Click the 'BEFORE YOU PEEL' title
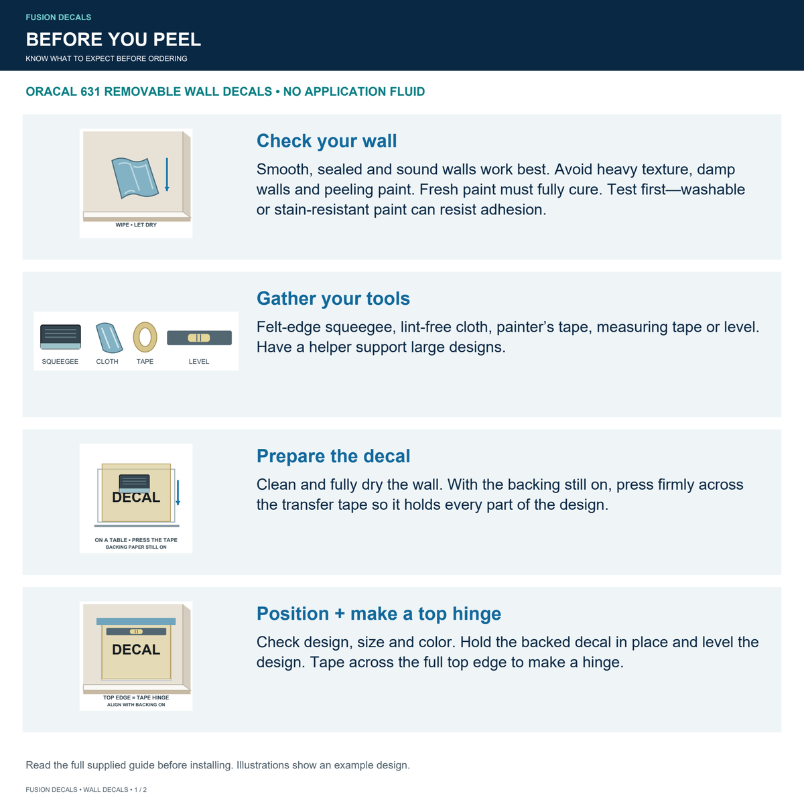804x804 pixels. tap(113, 40)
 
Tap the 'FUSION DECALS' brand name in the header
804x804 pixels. tap(58, 17)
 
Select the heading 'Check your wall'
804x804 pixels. tap(326, 141)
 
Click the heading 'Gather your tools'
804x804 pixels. tap(333, 299)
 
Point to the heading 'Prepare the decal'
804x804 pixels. tap(333, 456)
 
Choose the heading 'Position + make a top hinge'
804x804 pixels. tap(379, 614)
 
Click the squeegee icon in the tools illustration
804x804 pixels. tap(60, 337)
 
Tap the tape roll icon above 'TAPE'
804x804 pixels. tap(145, 337)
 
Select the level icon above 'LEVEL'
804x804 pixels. tap(199, 338)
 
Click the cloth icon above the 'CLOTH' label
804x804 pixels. tap(109, 338)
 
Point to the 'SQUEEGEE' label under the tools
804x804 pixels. tap(60, 361)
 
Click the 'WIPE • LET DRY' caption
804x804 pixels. tap(136, 225)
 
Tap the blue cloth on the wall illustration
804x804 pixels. tap(135, 178)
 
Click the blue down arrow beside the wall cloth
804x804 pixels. tap(167, 174)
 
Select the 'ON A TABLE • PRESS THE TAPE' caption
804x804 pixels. tap(136, 540)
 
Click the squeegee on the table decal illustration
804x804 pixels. tap(135, 484)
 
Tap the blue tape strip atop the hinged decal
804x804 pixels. tap(136, 621)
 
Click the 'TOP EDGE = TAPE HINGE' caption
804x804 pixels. tap(136, 697)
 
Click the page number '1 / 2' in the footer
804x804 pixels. tap(141, 790)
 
